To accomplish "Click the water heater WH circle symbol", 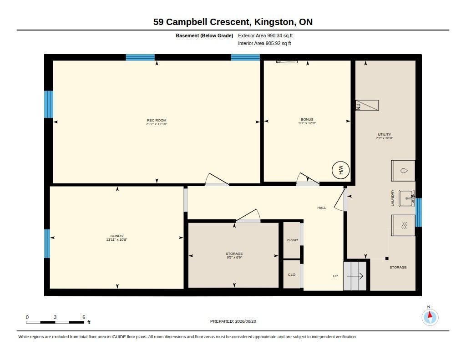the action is pos(340,170).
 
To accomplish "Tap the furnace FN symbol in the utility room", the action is pos(367,105).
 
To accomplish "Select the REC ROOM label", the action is pos(157,121).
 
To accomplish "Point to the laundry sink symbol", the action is pos(406,198).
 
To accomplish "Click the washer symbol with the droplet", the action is pos(403,171).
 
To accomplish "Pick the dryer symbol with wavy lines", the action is pos(403,225).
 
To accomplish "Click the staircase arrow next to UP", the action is pos(355,276).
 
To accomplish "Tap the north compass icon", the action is pos(430,317).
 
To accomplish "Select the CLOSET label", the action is pos(293,240).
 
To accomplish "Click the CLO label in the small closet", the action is pos(292,274).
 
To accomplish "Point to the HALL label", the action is pos(322,208).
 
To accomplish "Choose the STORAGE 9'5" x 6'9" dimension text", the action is pos(234,258).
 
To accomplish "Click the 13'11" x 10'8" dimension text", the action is pos(116,239).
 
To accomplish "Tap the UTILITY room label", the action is pos(384,134).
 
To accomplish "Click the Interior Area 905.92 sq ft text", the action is pos(264,43).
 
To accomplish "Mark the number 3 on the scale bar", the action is pos(55,317).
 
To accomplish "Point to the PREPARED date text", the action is pos(233,321).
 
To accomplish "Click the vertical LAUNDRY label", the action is pos(392,198).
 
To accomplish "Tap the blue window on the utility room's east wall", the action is pos(419,212).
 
